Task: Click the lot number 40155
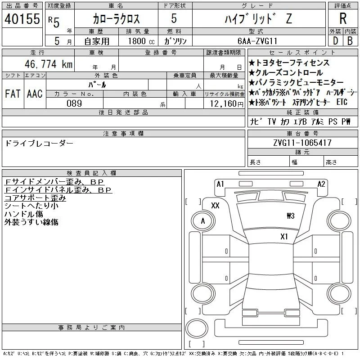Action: (22, 19)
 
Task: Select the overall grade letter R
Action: (343, 18)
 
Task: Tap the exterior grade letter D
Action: (335, 41)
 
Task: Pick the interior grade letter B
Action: (350, 41)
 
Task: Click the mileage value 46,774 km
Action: (49, 64)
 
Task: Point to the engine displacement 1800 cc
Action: (141, 41)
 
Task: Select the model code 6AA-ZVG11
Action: (257, 41)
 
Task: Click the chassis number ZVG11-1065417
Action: (302, 143)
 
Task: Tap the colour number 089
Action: (74, 103)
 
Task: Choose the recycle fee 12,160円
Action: (227, 104)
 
